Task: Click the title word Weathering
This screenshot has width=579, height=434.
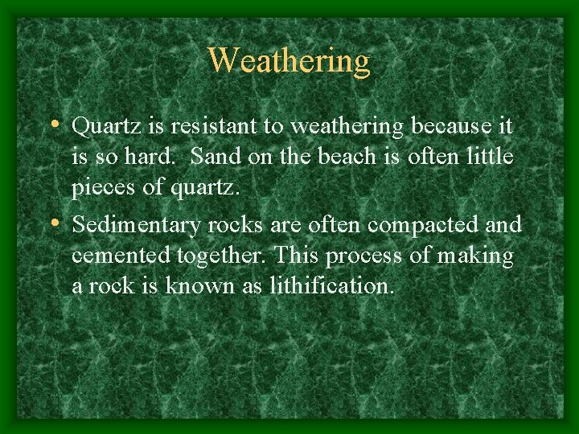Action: point(289,60)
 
